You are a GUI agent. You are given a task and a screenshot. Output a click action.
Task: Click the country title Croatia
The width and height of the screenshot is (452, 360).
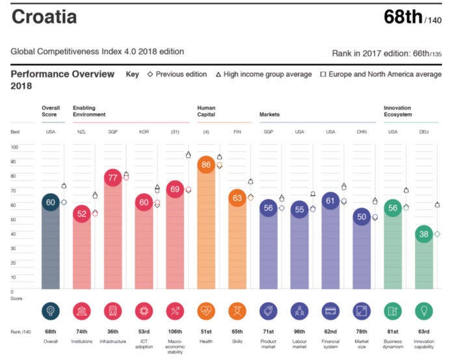(44, 17)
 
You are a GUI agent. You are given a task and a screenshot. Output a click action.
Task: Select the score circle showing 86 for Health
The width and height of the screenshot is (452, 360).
(207, 165)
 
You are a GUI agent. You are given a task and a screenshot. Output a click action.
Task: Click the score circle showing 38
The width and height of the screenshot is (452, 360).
(424, 234)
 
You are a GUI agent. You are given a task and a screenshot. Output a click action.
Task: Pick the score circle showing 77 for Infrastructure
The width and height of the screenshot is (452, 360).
(113, 178)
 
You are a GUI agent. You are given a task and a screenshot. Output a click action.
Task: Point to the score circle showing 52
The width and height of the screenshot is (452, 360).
(83, 214)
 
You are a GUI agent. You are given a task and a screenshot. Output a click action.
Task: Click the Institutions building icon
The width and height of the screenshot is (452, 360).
(83, 311)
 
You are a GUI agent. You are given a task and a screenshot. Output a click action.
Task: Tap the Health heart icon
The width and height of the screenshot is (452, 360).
(207, 311)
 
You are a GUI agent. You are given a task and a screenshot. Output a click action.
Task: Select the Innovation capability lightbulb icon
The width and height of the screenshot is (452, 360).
(424, 311)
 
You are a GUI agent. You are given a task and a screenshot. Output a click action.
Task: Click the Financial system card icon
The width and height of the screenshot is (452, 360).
(331, 311)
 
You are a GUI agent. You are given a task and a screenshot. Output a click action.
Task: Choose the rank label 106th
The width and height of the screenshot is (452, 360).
(175, 331)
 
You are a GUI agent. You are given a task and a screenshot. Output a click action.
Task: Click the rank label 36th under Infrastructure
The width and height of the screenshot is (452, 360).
(113, 331)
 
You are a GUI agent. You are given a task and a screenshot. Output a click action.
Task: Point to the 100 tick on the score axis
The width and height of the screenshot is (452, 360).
(14, 147)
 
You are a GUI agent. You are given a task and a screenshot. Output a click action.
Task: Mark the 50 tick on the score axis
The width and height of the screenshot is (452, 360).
(14, 219)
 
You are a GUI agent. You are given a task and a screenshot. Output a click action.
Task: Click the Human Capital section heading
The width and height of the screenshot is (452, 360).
(206, 112)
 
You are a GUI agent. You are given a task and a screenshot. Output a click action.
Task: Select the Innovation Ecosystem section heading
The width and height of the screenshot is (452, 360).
(397, 112)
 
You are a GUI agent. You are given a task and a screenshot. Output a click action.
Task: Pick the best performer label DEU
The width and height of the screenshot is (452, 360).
(424, 132)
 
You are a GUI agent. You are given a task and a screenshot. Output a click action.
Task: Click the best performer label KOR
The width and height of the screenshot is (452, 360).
(144, 132)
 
